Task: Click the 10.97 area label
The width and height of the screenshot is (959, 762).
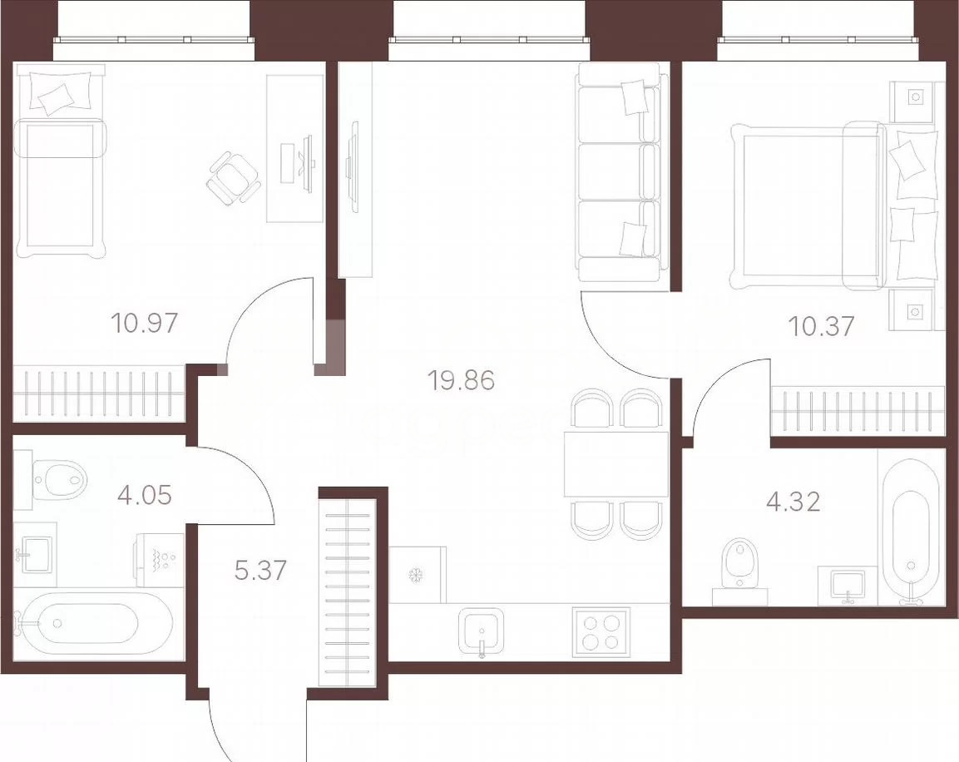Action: (x=145, y=322)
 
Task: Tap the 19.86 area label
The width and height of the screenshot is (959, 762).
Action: (x=461, y=380)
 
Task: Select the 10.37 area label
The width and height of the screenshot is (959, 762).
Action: (x=821, y=326)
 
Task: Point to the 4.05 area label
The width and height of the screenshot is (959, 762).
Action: (x=145, y=494)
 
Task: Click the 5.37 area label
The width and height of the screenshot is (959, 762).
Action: (x=260, y=570)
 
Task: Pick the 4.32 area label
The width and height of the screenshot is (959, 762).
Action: (x=793, y=502)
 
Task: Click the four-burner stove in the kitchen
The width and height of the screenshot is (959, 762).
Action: (x=601, y=632)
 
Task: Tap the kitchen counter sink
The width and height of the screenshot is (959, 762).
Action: (x=482, y=632)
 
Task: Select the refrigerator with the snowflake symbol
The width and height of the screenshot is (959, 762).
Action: (x=418, y=574)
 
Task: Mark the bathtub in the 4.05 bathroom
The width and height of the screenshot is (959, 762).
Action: (x=82, y=624)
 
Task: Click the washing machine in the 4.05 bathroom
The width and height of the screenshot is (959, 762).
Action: (x=160, y=560)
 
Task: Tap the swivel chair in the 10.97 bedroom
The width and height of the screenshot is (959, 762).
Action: (x=233, y=179)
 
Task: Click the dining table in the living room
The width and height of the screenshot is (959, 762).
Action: (x=615, y=463)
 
